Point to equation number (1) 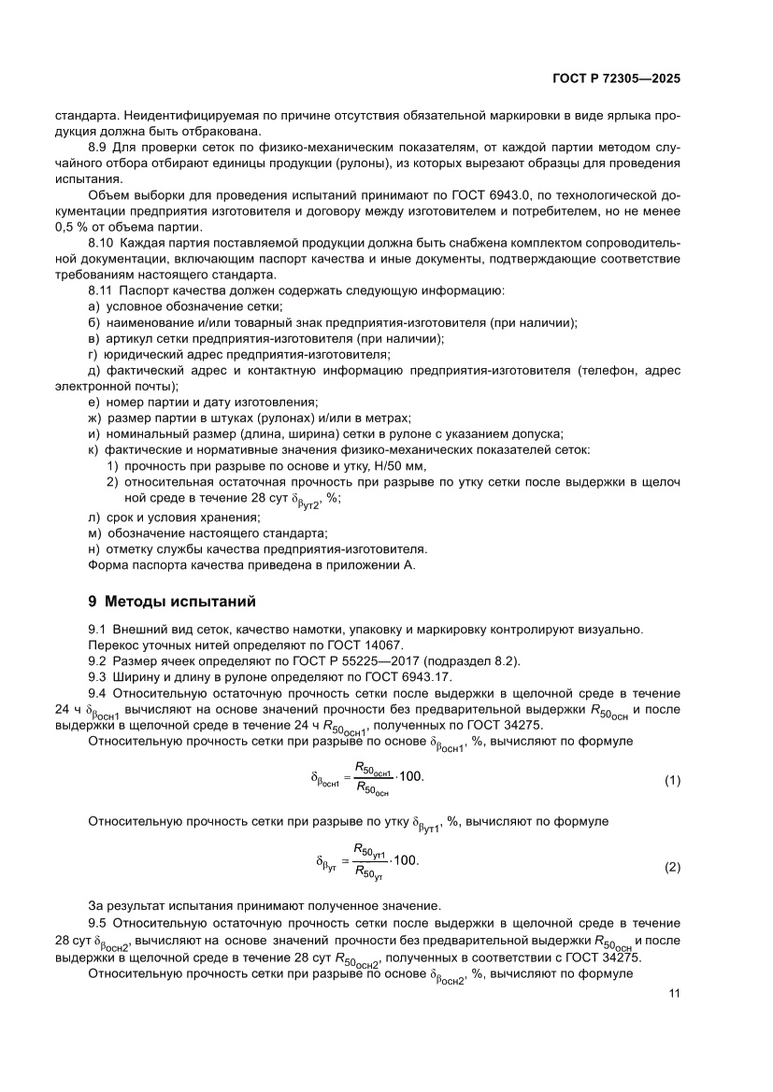pos(672,779)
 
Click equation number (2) pos(672,868)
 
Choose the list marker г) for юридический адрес pos(93,354)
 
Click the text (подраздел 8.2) pos(472,660)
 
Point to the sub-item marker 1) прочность pos(112,465)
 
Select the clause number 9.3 pos(97,676)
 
